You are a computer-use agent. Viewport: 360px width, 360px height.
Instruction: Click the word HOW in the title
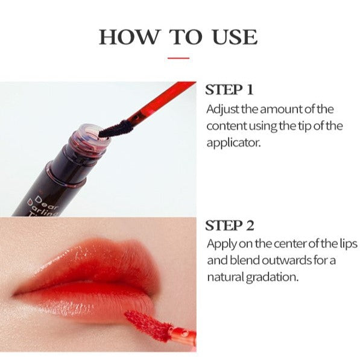(x=129, y=37)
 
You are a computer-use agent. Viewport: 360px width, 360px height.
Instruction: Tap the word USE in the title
(x=235, y=37)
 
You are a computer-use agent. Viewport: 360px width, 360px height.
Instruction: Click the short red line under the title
(x=178, y=58)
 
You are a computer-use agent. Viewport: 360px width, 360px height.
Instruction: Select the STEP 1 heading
(x=229, y=89)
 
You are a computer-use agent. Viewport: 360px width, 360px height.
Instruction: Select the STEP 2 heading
(x=230, y=226)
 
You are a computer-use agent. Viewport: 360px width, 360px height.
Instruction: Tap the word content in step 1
(x=227, y=126)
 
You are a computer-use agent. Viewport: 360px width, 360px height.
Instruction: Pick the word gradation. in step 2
(x=273, y=278)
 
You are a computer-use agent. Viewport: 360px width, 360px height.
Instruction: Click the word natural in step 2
(x=226, y=277)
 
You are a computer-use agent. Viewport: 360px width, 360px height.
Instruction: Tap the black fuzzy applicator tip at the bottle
(x=116, y=129)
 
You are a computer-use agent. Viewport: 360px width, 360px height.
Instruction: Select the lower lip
(x=87, y=301)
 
